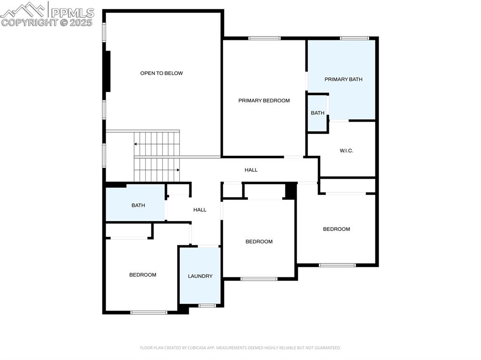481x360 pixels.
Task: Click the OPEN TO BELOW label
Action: tap(162, 73)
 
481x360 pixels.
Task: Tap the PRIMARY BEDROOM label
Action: tap(264, 100)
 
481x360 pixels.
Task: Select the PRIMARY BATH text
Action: tap(343, 79)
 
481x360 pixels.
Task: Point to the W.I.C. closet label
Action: tap(346, 151)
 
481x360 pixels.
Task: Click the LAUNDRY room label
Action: tap(200, 276)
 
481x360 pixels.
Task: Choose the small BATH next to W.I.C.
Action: tap(318, 113)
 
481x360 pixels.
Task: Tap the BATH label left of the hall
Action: tap(138, 205)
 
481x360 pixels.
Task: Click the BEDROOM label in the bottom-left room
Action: tap(143, 275)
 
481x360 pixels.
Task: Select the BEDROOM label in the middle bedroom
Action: tap(259, 242)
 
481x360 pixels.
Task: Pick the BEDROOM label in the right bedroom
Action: tap(336, 229)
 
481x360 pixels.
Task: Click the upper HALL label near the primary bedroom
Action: tap(251, 170)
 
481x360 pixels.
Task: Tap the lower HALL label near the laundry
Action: tap(200, 210)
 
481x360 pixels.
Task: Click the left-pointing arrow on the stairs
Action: tap(136, 144)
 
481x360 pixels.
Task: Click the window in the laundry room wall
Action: tap(207, 306)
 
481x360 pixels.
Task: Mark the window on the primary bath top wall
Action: tap(354, 38)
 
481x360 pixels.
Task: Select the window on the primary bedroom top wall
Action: tap(264, 38)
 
